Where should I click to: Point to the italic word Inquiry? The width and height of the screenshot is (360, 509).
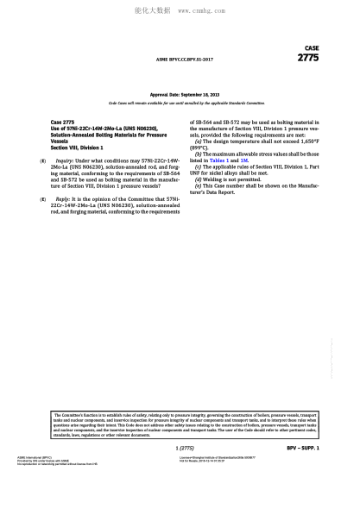click(65, 161)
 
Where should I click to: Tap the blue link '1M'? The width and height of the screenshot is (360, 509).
click(243, 160)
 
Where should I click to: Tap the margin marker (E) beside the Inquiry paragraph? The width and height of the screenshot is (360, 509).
click(44, 161)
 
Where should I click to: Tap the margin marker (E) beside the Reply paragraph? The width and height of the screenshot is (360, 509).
click(44, 198)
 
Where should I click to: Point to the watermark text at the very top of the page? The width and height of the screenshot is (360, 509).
click(180, 13)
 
